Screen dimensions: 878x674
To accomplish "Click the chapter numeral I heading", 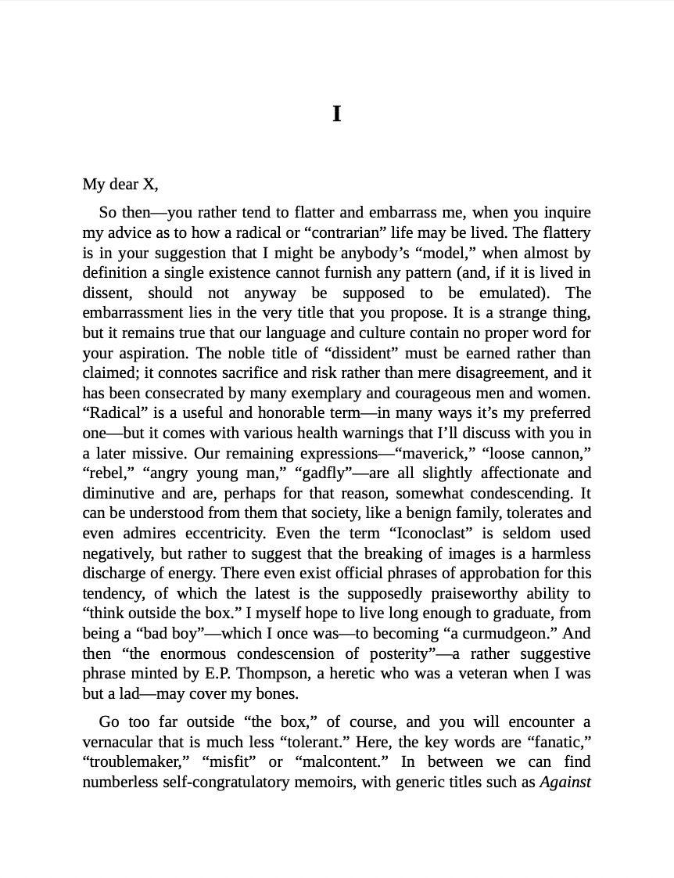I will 337,114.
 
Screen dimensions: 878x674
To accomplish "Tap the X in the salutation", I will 149,185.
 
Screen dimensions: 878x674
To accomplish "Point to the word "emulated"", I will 507,293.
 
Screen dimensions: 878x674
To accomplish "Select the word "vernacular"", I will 117,742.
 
